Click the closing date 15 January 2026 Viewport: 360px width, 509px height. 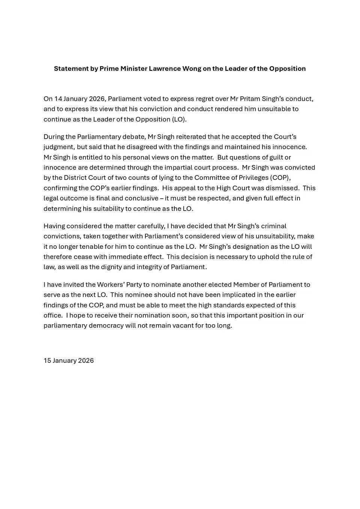pos(69,361)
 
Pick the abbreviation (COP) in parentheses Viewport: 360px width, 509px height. pos(280,178)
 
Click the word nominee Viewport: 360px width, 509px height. pos(138,295)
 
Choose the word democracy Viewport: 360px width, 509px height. pos(106,326)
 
